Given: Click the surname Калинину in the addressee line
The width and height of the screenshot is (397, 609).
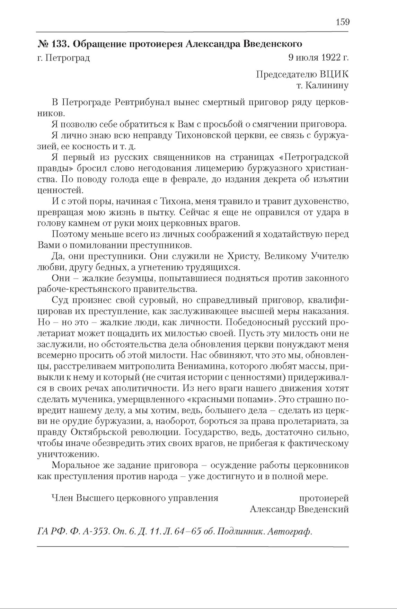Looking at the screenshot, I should point(327,86).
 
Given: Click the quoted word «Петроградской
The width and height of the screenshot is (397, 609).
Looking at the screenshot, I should point(314,157).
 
